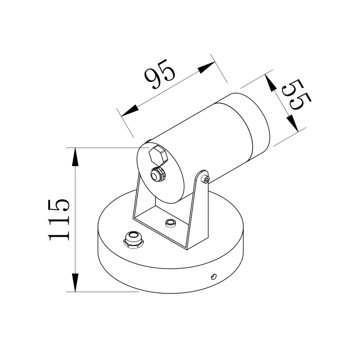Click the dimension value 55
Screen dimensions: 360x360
pos(295,95)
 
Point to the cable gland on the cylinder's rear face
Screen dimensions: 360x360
pos(157,174)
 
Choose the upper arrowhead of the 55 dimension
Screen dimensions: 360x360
pos(270,83)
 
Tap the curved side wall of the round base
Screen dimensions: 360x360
pos(171,274)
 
